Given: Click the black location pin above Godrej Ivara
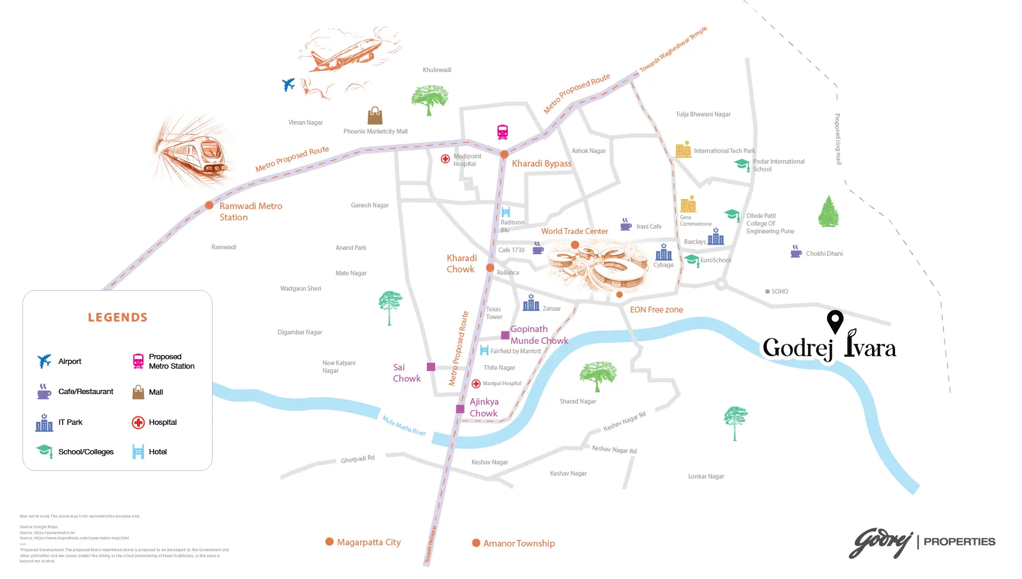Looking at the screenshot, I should coord(834,321).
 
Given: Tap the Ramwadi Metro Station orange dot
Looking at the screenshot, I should coord(209,206).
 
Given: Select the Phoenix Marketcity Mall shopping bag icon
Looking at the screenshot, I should coord(375,116).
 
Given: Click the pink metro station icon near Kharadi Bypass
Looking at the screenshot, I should coord(502,132).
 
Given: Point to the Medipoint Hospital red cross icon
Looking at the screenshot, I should coord(446,158).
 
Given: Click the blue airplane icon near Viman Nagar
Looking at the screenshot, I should coord(288,84).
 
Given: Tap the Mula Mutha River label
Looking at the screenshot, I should coord(404,425).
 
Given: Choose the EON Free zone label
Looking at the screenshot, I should coord(656,310).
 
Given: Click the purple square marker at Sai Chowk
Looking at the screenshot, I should coord(431,367).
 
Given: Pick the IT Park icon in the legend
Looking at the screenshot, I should coord(44,422).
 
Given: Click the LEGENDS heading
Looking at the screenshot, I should coord(117,317).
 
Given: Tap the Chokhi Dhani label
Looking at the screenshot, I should coord(824,253).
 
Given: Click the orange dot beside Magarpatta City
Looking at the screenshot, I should coord(329,542).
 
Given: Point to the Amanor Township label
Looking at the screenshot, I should coord(518,543).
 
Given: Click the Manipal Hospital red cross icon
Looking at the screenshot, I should coord(476,383).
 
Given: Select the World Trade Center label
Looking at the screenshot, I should coord(574,231).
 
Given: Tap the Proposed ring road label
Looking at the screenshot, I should coord(837,139).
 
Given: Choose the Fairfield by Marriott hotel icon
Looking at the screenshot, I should coord(484,350).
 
